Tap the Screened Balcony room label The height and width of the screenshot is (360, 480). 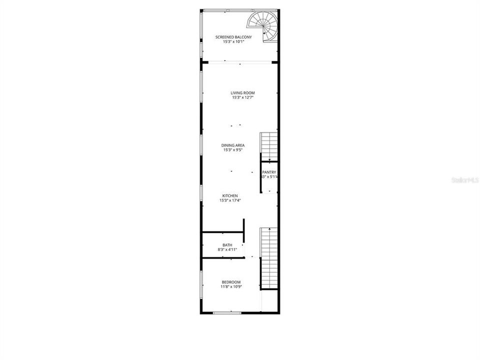click(233, 37)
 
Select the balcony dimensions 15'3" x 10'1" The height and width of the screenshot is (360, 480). click(233, 42)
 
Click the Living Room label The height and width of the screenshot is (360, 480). click(243, 93)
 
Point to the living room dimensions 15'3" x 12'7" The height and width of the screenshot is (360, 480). click(243, 98)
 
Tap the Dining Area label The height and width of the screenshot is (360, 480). click(233, 145)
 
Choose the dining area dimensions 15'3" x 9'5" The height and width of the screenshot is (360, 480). click(233, 150)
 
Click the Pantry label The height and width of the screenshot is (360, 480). click(269, 172)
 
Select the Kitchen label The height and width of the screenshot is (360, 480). click(230, 195)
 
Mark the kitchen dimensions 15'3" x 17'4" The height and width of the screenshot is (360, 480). click(230, 200)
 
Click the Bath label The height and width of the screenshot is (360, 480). click(227, 245)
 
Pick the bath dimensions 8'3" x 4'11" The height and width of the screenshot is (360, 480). click(227, 249)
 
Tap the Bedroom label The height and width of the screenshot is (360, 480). click(231, 282)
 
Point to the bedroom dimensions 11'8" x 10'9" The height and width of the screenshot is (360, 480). click(231, 287)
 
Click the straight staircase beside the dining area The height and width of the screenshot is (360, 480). click(269, 145)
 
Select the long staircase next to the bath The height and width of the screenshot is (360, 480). click(269, 257)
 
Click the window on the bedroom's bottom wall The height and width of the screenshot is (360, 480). click(227, 313)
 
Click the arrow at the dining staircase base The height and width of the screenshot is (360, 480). click(269, 160)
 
